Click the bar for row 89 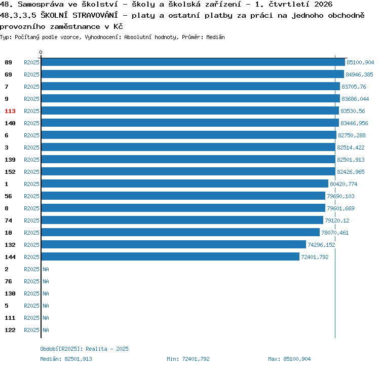point(193,62)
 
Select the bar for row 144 point(170,256)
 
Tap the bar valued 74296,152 point(174,244)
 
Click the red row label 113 point(10,111)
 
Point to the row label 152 point(10,172)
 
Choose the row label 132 point(10,245)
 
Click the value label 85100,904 point(360,62)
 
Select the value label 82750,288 point(352,135)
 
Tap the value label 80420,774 point(344,184)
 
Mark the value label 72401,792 point(315,257)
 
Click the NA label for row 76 point(46,281)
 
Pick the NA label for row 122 point(46,330)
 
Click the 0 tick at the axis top point(41,52)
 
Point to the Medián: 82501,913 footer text point(66,359)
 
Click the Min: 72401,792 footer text point(188,359)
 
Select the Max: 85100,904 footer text point(289,359)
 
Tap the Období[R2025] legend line point(84,349)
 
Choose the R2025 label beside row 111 point(31,318)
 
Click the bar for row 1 point(185,183)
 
